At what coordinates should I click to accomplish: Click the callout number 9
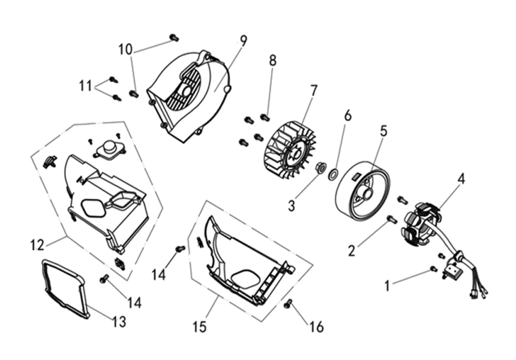244,40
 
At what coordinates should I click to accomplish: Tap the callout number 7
313,91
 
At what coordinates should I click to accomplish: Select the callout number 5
384,130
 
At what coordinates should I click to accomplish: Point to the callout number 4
461,179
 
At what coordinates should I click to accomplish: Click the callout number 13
119,322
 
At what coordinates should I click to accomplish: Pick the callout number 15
199,327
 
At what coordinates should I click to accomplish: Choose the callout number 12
37,245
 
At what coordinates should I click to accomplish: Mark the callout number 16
317,327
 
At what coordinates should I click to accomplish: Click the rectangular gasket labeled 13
65,288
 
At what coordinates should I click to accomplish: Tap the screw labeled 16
289,303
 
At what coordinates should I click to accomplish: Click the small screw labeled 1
434,269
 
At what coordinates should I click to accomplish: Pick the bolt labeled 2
392,219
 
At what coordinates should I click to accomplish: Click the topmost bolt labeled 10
175,37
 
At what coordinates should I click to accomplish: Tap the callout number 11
85,86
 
